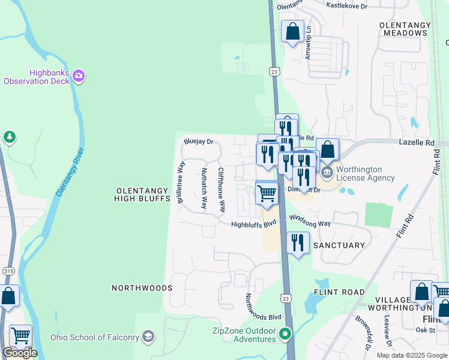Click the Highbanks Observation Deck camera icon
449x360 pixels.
pyautogui.click(x=79, y=76)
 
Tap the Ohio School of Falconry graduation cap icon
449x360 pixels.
pyautogui.click(x=149, y=335)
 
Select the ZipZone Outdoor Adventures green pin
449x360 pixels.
pyautogui.click(x=286, y=334)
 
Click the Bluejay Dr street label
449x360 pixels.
pyautogui.click(x=199, y=142)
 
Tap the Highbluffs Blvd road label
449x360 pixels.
pyautogui.click(x=254, y=224)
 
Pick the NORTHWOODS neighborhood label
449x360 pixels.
pyautogui.click(x=142, y=288)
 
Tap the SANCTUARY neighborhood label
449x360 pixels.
pyautogui.click(x=339, y=245)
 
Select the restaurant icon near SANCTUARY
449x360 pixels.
pyautogui.click(x=298, y=242)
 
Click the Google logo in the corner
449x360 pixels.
pyautogui.click(x=20, y=353)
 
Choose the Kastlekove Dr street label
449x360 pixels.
pyautogui.click(x=346, y=5)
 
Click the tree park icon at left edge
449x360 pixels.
pyautogui.click(x=9, y=137)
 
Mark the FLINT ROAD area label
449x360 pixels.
pyautogui.click(x=339, y=292)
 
